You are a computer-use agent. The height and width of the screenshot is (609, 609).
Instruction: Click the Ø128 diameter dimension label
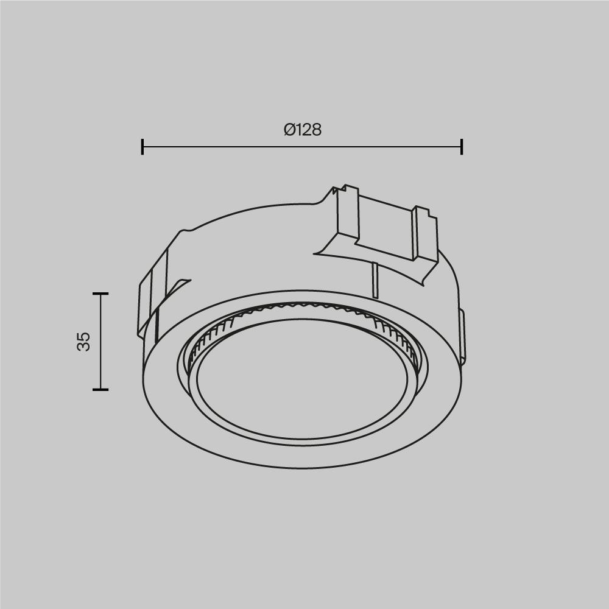[x=303, y=130]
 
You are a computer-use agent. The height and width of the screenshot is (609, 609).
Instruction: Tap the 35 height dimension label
[x=84, y=341]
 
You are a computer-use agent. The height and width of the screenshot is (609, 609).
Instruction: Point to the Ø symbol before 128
[x=289, y=130]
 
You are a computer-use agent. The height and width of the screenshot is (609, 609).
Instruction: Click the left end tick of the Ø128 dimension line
[x=143, y=147]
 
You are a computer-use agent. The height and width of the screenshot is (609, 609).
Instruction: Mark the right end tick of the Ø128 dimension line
[x=462, y=147]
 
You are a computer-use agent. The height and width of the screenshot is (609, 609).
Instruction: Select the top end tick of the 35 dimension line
[x=100, y=294]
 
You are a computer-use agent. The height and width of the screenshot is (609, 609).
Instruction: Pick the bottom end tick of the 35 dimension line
[x=100, y=389]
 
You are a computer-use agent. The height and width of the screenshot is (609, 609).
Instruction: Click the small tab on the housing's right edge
[x=462, y=335]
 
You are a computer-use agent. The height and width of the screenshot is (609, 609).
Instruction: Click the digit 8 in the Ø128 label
[x=315, y=130]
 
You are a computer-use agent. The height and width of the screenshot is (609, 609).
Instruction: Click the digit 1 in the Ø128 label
[x=298, y=130]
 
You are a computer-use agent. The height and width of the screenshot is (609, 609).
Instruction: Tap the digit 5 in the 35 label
[x=84, y=336]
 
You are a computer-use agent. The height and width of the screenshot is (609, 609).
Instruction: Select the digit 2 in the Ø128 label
[x=306, y=130]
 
